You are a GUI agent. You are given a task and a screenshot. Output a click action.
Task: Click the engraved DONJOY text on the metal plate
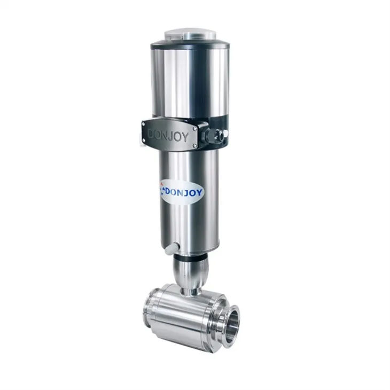[168, 136]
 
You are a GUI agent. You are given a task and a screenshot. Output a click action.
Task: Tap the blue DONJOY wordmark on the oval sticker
[184, 192]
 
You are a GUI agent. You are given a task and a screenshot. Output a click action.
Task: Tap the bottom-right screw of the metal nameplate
[195, 146]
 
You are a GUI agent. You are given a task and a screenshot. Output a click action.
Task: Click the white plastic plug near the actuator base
[172, 249]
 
